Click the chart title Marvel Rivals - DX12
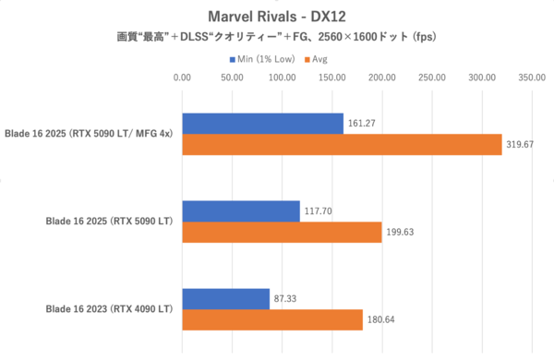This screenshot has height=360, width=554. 276,16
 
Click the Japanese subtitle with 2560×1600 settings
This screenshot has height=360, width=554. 276,39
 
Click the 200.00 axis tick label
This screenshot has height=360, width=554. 381,78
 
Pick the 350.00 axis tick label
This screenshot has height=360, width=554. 531,78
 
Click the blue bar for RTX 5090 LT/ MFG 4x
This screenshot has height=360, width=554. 263,123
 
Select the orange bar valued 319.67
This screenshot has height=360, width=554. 342,145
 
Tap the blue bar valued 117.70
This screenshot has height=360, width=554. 241,210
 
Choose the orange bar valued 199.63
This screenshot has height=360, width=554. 282,233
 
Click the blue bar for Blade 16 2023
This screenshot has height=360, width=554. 226,299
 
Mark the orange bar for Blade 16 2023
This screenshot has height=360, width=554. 272,321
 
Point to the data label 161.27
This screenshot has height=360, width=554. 363,123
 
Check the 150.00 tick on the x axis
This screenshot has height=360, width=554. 331,78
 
